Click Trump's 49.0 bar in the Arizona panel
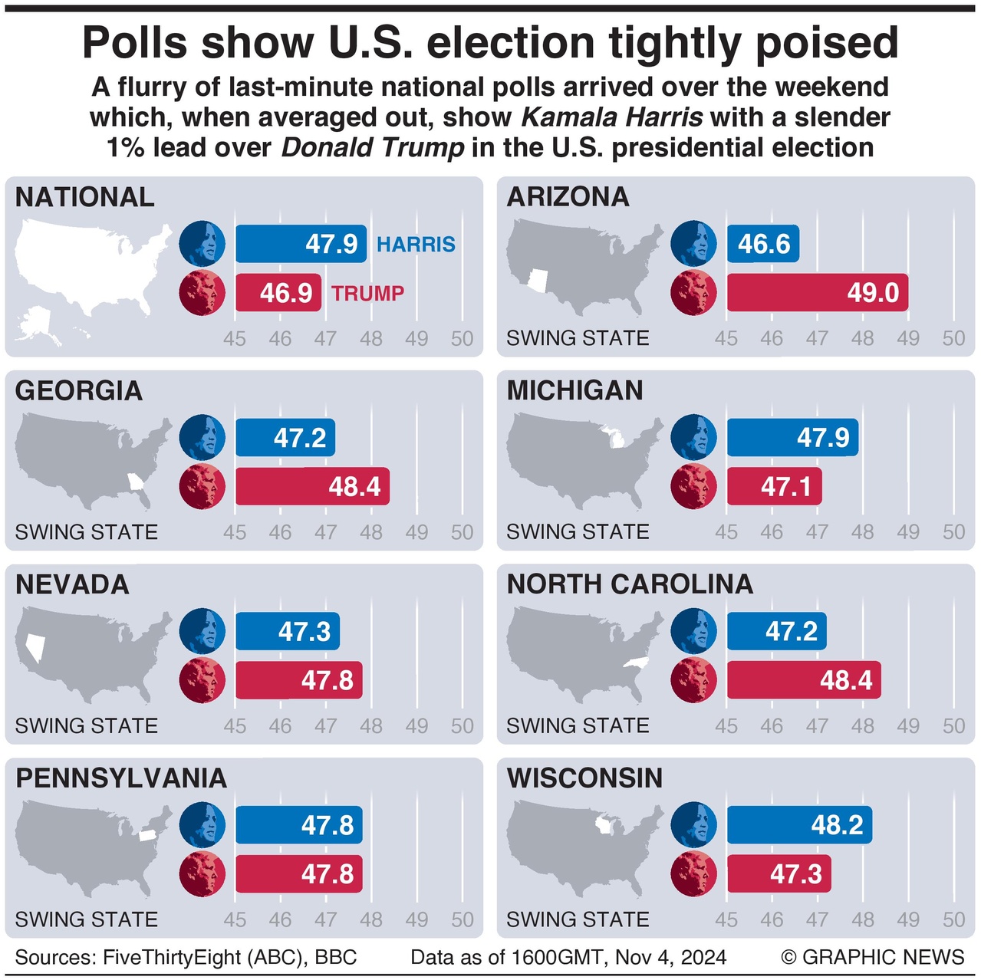817,293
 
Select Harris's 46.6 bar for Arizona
763,244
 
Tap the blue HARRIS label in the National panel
416,245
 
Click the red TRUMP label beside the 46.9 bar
367,293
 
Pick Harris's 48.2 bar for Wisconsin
799,825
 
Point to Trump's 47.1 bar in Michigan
774,486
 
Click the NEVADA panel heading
72,584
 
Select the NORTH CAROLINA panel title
630,584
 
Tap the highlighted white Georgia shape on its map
136,482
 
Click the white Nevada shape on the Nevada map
35,646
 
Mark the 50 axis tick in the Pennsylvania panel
462,919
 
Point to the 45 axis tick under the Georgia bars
235,532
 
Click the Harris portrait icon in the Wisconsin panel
693,825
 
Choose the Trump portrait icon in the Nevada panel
202,680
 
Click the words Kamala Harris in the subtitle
611,117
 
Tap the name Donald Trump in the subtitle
373,147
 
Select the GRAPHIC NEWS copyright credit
873,957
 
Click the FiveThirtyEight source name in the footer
178,957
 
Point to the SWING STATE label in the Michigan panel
578,531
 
